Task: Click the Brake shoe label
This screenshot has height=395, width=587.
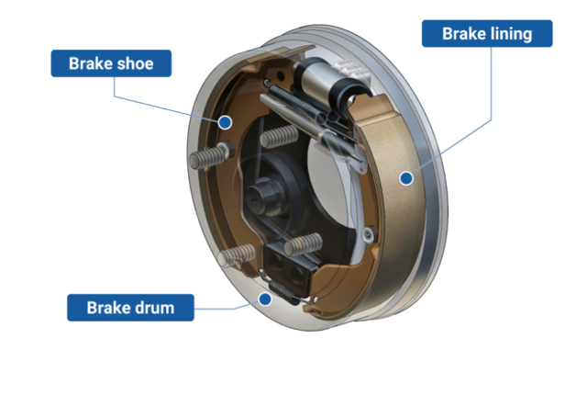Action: click(110, 63)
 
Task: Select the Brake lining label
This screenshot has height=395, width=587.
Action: click(486, 34)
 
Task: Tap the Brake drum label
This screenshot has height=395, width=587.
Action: click(130, 307)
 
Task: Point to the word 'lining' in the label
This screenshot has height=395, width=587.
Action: click(511, 34)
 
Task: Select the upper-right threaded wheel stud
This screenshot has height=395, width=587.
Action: click(279, 139)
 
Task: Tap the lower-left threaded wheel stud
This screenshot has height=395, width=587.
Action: click(240, 254)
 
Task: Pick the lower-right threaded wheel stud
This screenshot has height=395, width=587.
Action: click(304, 244)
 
